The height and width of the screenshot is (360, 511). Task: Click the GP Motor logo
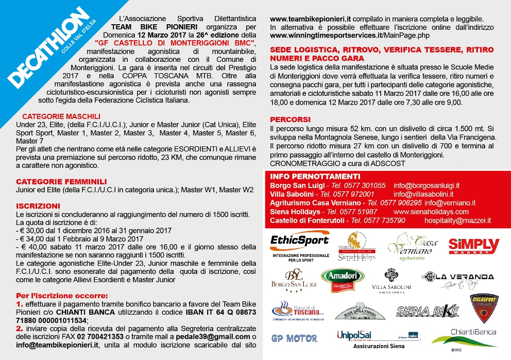(x=294, y=338)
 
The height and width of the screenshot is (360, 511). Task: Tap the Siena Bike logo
(x=427, y=311)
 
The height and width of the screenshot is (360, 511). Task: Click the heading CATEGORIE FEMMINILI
(x=61, y=181)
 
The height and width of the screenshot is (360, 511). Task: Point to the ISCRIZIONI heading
(x=38, y=205)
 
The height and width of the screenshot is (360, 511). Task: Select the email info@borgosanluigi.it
(x=426, y=185)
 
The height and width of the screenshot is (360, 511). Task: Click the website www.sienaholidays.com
(x=431, y=212)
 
